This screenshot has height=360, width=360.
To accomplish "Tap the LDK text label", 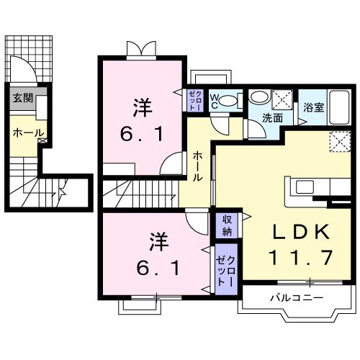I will [300, 232].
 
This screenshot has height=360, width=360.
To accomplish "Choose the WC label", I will [215, 100].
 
